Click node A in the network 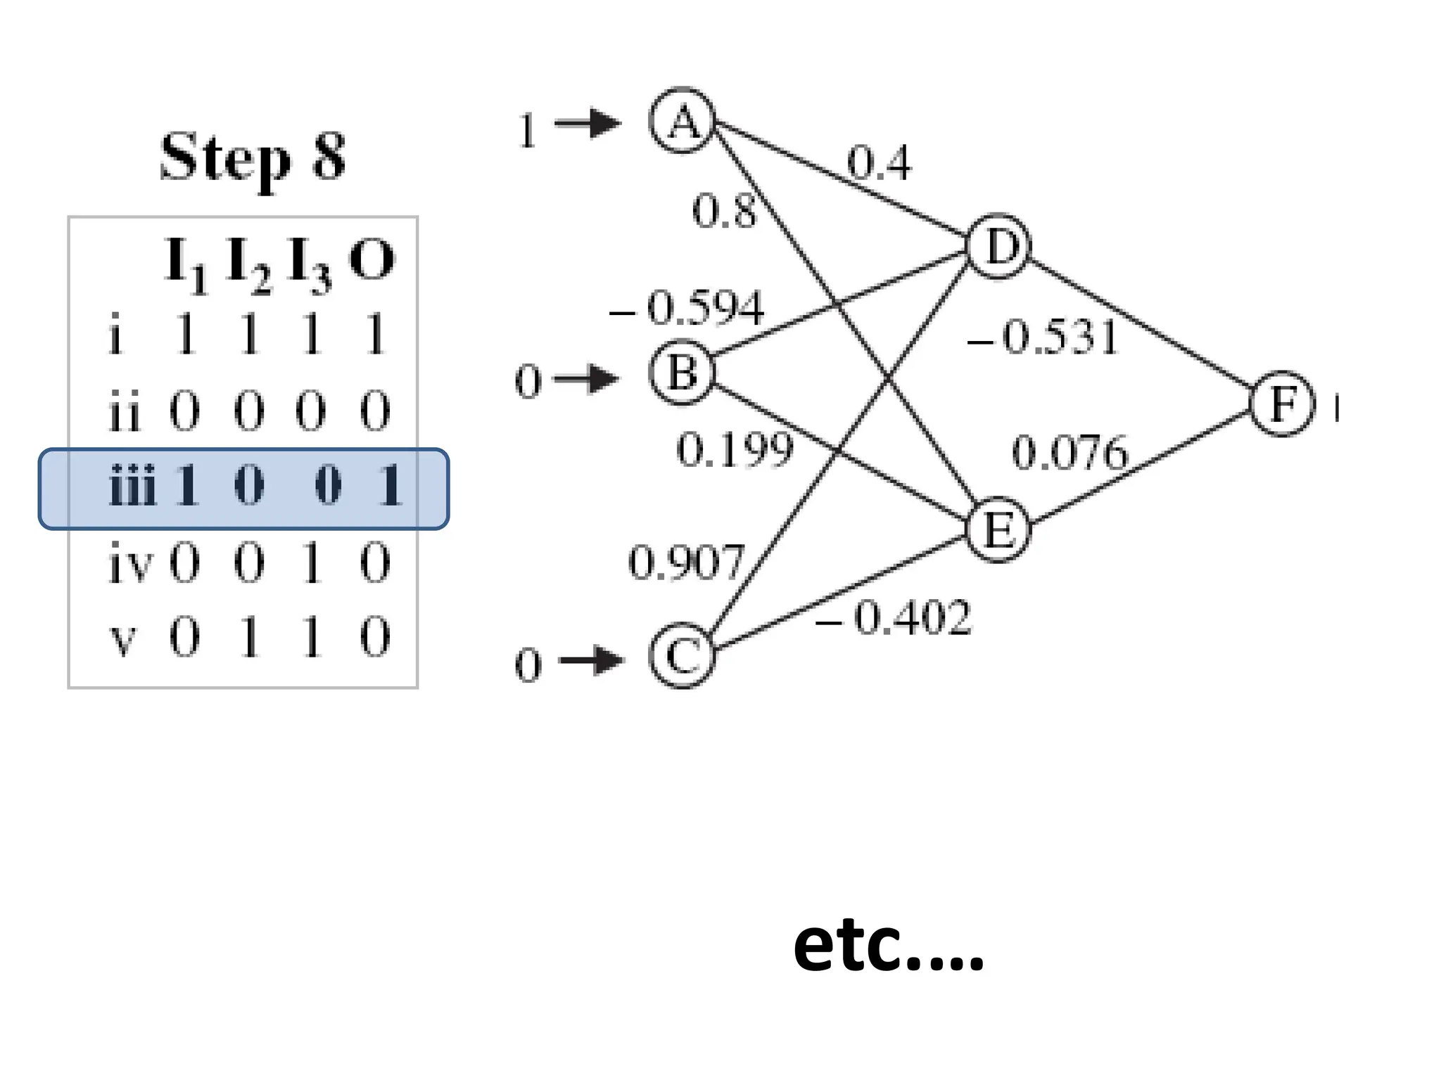(x=682, y=121)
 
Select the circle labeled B (x=681, y=372)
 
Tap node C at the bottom (x=681, y=655)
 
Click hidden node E (x=998, y=529)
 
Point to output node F (x=1282, y=404)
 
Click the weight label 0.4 (x=879, y=162)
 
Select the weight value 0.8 (x=724, y=210)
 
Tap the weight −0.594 (x=687, y=308)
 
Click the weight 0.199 (x=735, y=449)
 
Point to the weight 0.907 (x=686, y=562)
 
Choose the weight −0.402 (x=894, y=618)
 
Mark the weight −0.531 (x=1043, y=337)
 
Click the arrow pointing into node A (x=588, y=124)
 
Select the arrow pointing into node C (x=590, y=660)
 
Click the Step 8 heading (x=253, y=157)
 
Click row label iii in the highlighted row (x=132, y=486)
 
